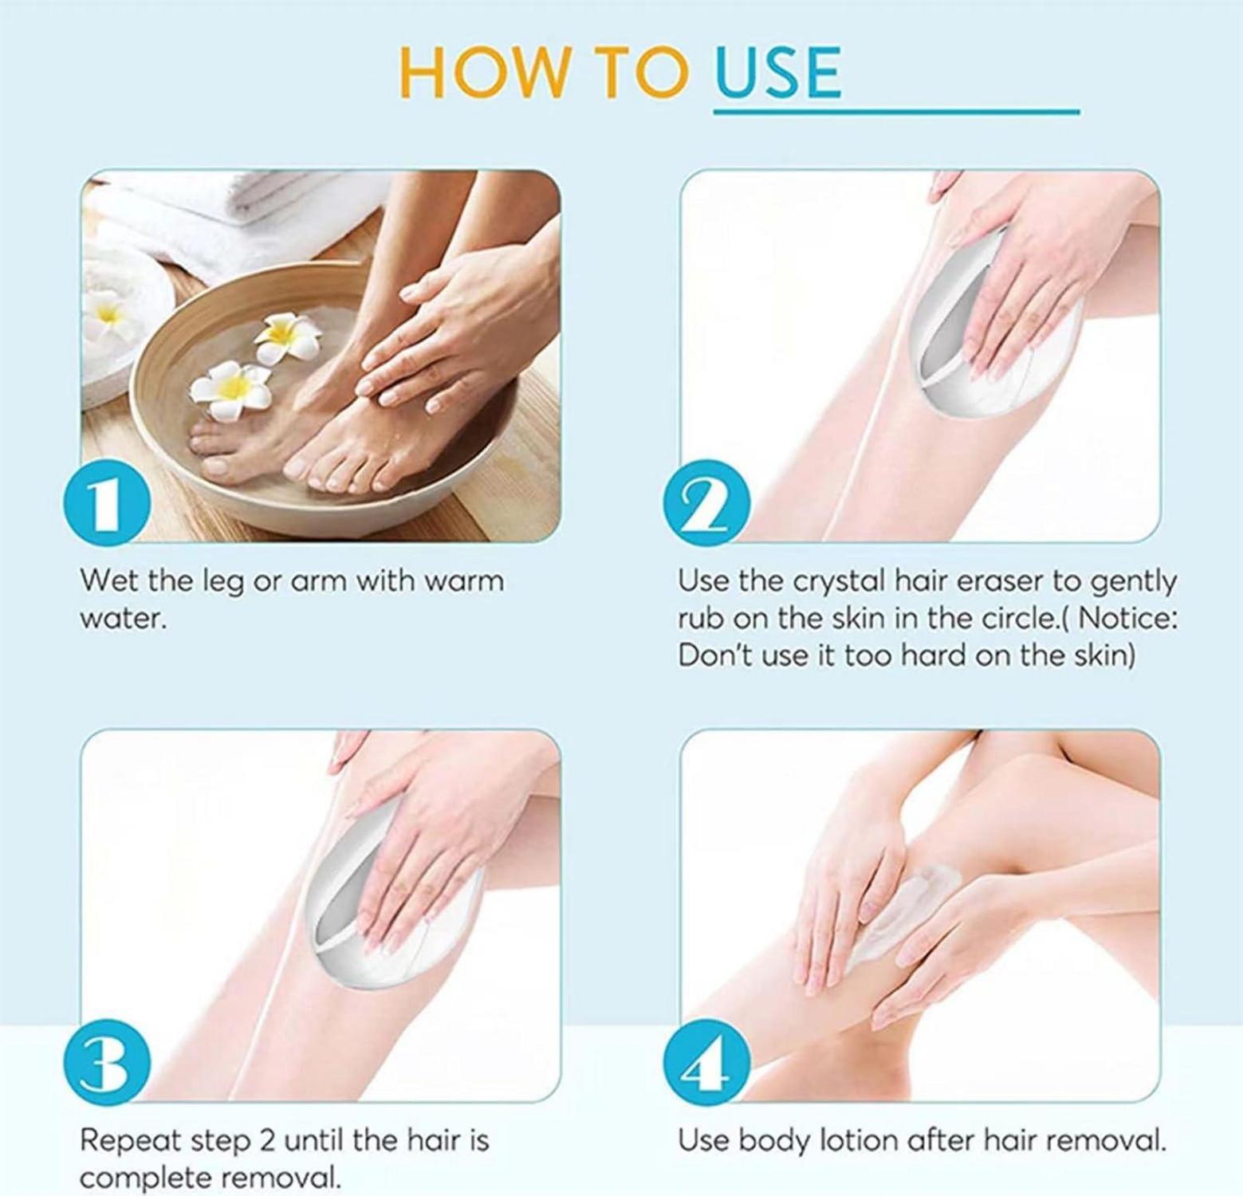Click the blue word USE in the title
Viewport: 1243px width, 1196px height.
coord(777,72)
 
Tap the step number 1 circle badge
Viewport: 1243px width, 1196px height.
coord(107,504)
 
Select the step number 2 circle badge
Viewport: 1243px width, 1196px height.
coord(706,504)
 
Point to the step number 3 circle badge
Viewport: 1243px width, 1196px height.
coord(107,1064)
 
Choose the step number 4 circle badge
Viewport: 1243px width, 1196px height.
coord(706,1064)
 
